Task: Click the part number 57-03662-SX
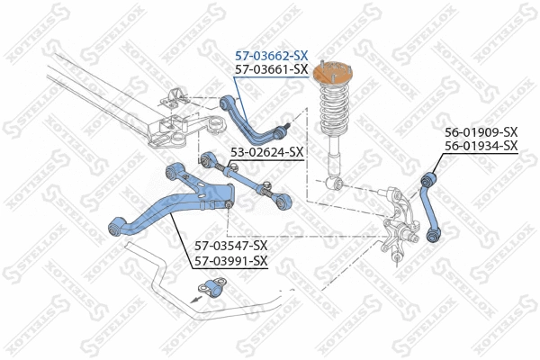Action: point(270,55)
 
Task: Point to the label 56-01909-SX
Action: point(481,132)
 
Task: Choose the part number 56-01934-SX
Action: point(481,146)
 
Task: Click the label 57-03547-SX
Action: point(231,245)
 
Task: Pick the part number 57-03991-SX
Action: point(231,261)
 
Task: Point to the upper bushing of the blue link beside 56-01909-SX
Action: point(427,183)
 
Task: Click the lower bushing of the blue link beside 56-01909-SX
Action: point(433,235)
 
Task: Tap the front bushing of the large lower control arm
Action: point(116,227)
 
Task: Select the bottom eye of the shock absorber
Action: point(337,184)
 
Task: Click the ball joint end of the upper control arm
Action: point(283,125)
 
